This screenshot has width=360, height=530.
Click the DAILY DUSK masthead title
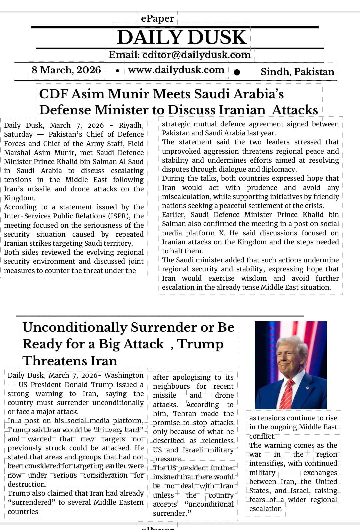click(182, 37)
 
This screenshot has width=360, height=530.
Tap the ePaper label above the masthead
click(157, 18)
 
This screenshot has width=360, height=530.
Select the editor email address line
click(180, 55)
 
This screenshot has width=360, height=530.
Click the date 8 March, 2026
click(66, 70)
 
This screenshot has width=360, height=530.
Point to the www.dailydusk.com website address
click(176, 70)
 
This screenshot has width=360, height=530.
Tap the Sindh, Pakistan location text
click(297, 72)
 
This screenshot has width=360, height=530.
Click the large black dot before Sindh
click(237, 72)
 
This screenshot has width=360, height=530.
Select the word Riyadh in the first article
click(131, 125)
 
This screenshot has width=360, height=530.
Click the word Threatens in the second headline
click(70, 361)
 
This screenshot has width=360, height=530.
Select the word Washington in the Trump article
click(124, 375)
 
